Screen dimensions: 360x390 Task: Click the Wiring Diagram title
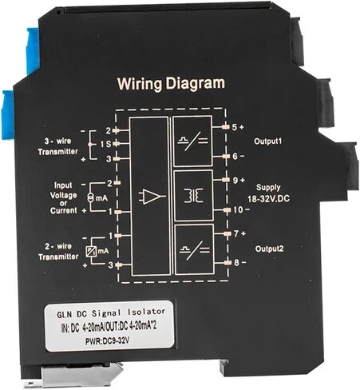click(171, 84)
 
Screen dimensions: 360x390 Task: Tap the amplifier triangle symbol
click(152, 197)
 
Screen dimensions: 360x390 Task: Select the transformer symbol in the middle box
click(193, 196)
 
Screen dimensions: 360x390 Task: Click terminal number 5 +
click(238, 127)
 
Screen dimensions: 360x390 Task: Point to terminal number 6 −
click(239, 156)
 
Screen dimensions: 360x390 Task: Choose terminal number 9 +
click(239, 180)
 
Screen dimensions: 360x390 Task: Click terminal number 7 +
click(239, 233)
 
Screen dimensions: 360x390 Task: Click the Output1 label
click(267, 141)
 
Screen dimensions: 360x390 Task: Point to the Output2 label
click(269, 249)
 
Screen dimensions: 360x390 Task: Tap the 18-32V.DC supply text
click(269, 199)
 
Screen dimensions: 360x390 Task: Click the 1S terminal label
click(105, 144)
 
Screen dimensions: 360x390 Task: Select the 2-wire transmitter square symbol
click(91, 251)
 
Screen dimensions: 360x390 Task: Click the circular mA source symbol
click(91, 198)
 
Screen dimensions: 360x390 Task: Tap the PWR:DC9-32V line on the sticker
click(108, 341)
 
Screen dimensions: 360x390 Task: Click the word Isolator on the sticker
click(147, 312)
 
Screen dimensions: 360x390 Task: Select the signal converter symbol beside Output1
click(193, 141)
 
